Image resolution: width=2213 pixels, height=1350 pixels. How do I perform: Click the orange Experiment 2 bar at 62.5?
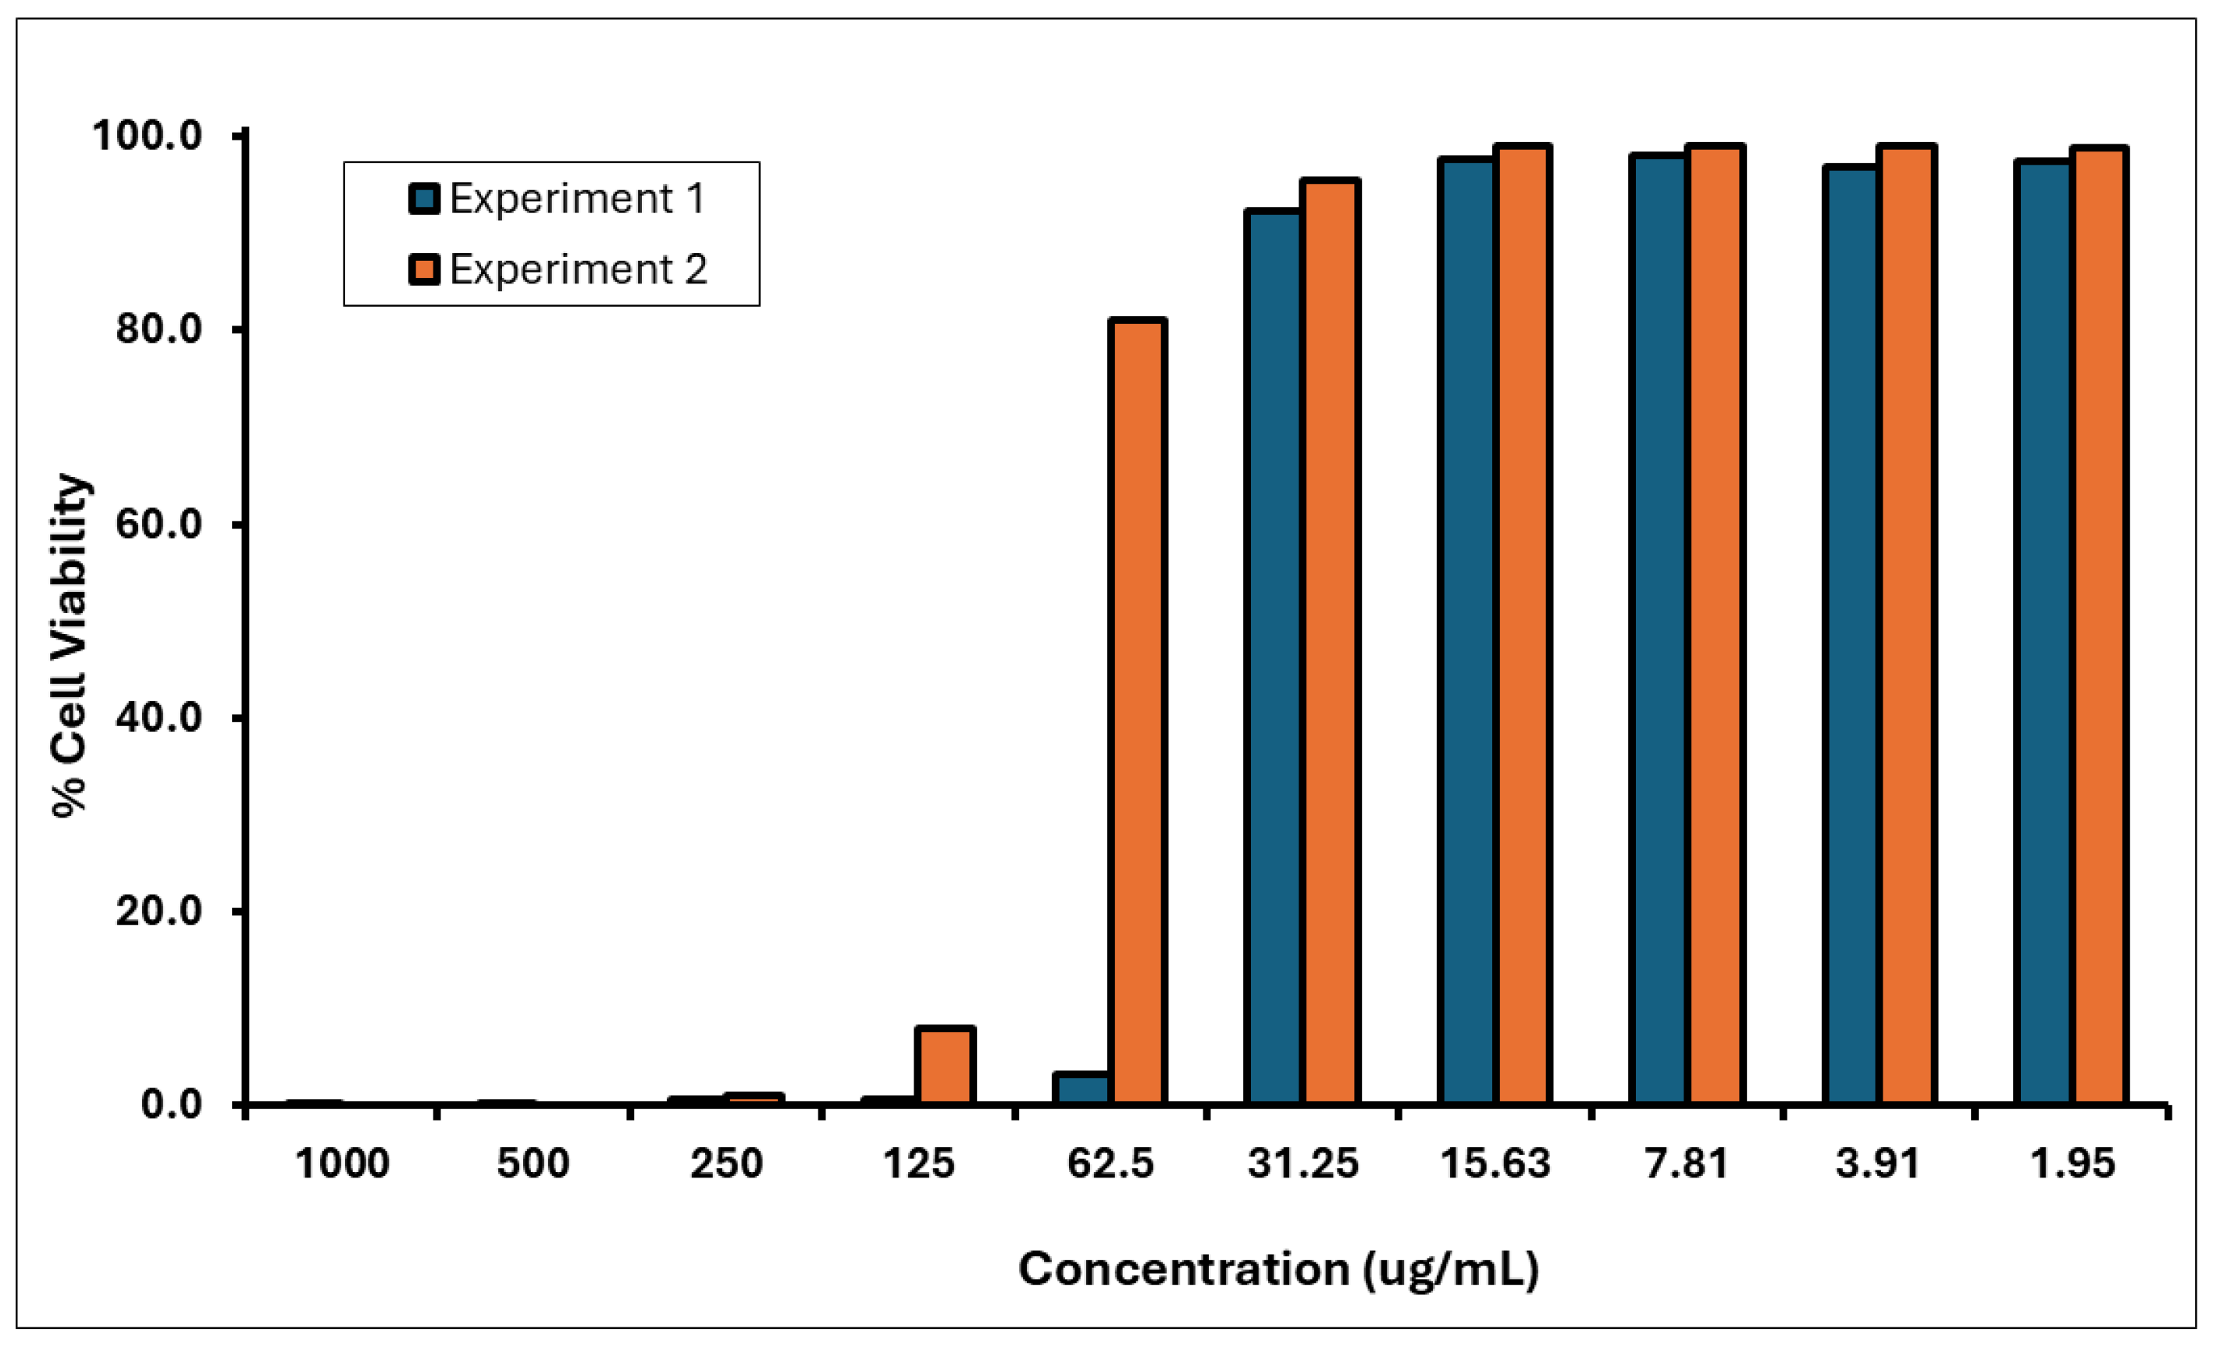pos(1137,710)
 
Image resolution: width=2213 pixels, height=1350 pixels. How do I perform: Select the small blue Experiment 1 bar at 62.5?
pos(1082,1088)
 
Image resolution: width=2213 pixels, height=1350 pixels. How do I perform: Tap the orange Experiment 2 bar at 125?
pos(945,1065)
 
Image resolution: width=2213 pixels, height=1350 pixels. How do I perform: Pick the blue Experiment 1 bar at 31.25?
pos(1273,656)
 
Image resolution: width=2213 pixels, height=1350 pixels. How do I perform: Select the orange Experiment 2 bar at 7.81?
pos(1715,625)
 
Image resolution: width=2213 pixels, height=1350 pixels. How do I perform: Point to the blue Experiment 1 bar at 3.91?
pos(1850,634)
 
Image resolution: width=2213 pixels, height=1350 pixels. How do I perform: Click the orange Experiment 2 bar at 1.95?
pos(2099,625)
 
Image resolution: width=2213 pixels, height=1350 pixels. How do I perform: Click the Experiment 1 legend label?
pos(576,198)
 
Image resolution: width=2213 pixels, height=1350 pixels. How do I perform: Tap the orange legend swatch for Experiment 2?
pos(424,269)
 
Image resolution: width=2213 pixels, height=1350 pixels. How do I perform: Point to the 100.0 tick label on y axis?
pos(148,136)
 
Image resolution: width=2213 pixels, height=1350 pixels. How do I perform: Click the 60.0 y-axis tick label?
pos(159,524)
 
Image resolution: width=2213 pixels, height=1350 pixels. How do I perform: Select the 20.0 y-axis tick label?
pos(159,910)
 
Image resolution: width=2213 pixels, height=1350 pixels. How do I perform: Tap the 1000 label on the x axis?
pos(342,1164)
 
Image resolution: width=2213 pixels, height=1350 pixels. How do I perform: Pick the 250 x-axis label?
pos(725,1164)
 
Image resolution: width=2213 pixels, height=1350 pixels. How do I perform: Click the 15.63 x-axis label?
pos(1495,1164)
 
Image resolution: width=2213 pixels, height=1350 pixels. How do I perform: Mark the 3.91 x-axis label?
pos(1878,1164)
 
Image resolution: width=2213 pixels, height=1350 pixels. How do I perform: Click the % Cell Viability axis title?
pos(69,645)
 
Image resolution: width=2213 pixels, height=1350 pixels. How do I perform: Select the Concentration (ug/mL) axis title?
pos(1278,1269)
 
